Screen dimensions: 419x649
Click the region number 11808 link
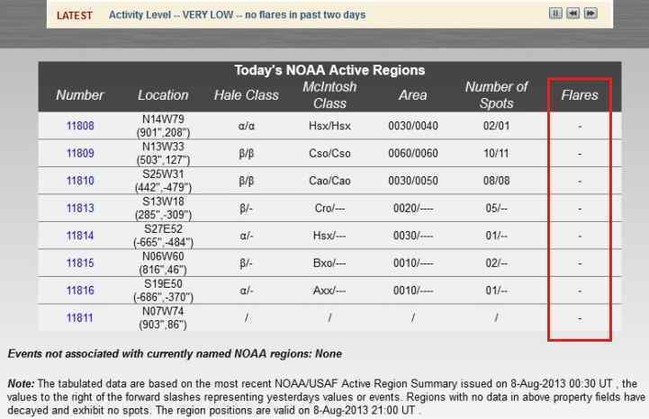point(80,127)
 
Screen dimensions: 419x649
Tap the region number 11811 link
point(80,317)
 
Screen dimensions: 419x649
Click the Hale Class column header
point(246,94)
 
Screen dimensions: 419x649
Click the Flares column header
point(580,94)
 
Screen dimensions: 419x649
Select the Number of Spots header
point(496,94)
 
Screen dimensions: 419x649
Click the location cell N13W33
point(163,147)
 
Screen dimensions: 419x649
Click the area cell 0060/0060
point(412,154)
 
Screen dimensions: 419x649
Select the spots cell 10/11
point(496,154)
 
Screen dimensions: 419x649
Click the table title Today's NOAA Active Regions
point(329,70)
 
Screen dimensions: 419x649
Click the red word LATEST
point(74,16)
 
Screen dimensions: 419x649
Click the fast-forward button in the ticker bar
point(590,13)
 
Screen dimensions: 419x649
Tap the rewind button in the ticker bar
point(573,13)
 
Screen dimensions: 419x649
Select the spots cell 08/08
point(496,181)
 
